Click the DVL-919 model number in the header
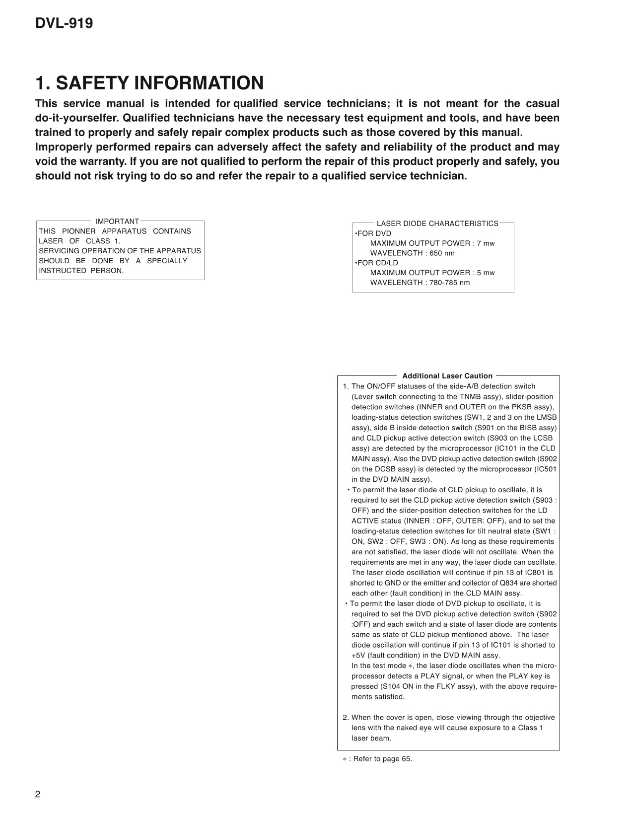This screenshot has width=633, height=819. coord(64,23)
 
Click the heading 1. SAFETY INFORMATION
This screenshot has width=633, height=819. coord(149,83)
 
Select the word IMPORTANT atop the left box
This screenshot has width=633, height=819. coord(117,222)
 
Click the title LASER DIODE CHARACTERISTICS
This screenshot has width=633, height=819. coord(437,223)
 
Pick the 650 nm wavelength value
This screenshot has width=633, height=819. coord(442,253)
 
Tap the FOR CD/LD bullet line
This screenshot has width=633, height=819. coord(377,263)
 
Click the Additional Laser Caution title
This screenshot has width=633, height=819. coord(447,376)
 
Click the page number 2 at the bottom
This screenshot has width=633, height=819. coord(38,794)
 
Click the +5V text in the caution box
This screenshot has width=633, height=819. coord(358,655)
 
